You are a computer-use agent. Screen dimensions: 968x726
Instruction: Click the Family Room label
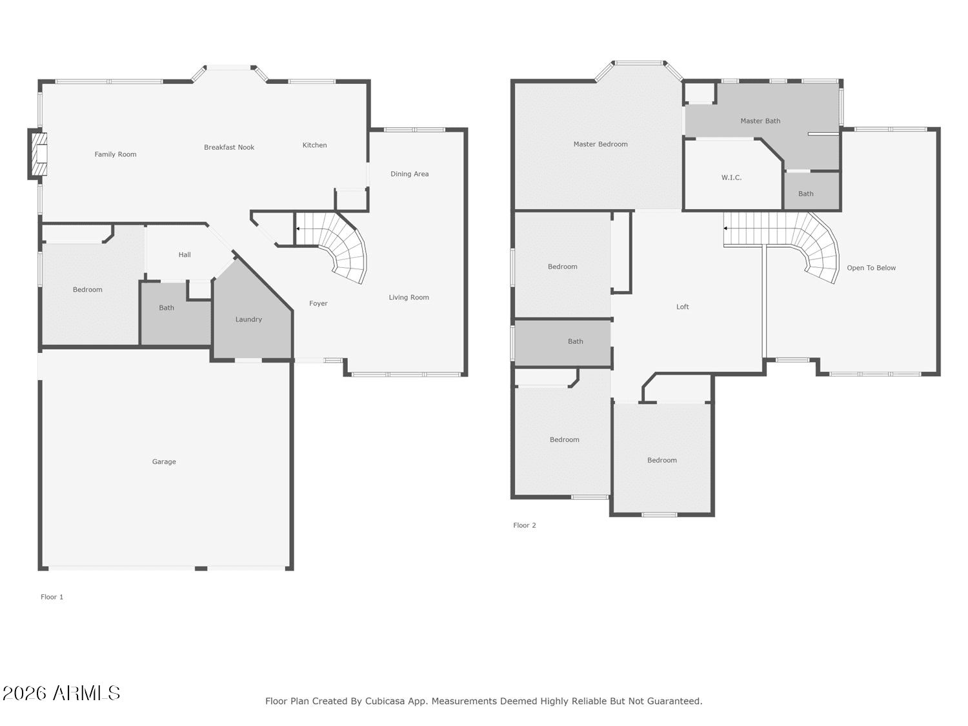point(116,154)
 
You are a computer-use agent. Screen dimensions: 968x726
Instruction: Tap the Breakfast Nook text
point(229,147)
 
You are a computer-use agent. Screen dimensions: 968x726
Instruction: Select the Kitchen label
point(314,145)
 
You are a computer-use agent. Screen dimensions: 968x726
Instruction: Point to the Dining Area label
point(409,174)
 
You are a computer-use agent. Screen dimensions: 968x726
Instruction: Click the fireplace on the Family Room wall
point(39,154)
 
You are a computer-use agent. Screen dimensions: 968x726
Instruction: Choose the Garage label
point(164,461)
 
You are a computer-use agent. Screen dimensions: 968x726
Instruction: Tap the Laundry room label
point(248,319)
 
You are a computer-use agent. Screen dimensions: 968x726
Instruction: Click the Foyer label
point(318,303)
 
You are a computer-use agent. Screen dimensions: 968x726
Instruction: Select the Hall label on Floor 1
point(185,254)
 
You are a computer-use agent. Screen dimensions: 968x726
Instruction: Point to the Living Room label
point(408,297)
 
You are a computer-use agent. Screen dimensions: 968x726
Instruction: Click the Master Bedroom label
point(600,144)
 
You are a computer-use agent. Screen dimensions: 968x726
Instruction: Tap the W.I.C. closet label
point(731,177)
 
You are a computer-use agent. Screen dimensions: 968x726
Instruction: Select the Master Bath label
point(760,121)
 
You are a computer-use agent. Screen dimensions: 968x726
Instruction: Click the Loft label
point(682,307)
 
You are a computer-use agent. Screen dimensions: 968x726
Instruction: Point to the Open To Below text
point(871,268)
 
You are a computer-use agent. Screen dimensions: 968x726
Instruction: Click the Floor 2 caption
point(525,525)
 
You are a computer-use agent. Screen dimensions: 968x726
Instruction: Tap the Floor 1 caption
point(52,597)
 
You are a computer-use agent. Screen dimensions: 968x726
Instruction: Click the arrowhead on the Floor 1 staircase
point(298,229)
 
